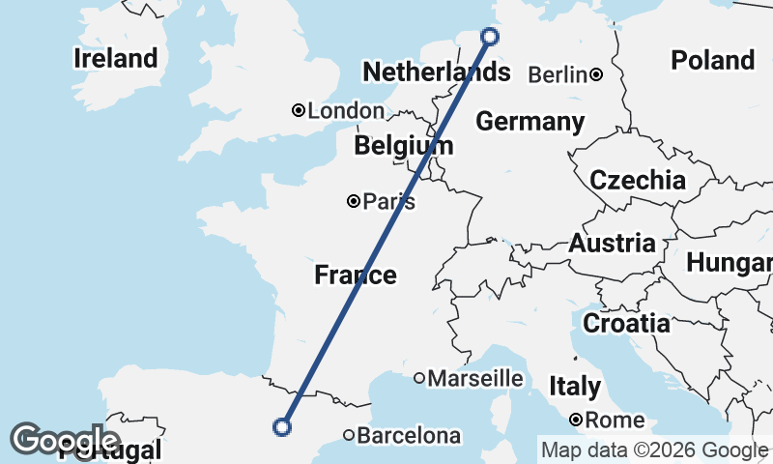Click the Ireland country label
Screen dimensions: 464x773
115,59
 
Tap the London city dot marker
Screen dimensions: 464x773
300,110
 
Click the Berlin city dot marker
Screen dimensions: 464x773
597,74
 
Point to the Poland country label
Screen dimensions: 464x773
713,60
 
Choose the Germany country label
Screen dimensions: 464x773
530,122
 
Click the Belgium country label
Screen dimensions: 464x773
403,146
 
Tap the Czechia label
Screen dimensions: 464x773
638,180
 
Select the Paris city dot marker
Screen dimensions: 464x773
354,201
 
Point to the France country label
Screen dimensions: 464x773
356,275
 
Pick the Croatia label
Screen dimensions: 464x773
626,323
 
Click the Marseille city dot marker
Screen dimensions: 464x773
419,378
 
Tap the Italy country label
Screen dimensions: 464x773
575,387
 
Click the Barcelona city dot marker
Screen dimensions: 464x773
348,435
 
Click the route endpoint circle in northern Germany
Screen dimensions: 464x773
490,37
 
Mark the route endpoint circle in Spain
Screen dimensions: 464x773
282,426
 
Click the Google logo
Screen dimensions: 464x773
65,440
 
